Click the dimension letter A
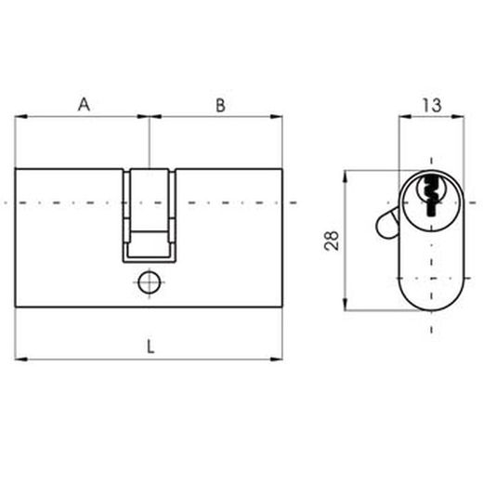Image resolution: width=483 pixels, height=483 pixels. (83, 105)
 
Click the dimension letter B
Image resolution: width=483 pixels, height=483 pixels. (220, 105)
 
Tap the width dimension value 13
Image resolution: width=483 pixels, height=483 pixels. (431, 106)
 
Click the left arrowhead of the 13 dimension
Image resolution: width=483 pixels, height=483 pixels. (402, 118)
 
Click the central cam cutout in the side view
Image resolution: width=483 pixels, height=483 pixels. (149, 214)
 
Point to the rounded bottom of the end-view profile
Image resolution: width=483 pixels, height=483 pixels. (431, 302)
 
